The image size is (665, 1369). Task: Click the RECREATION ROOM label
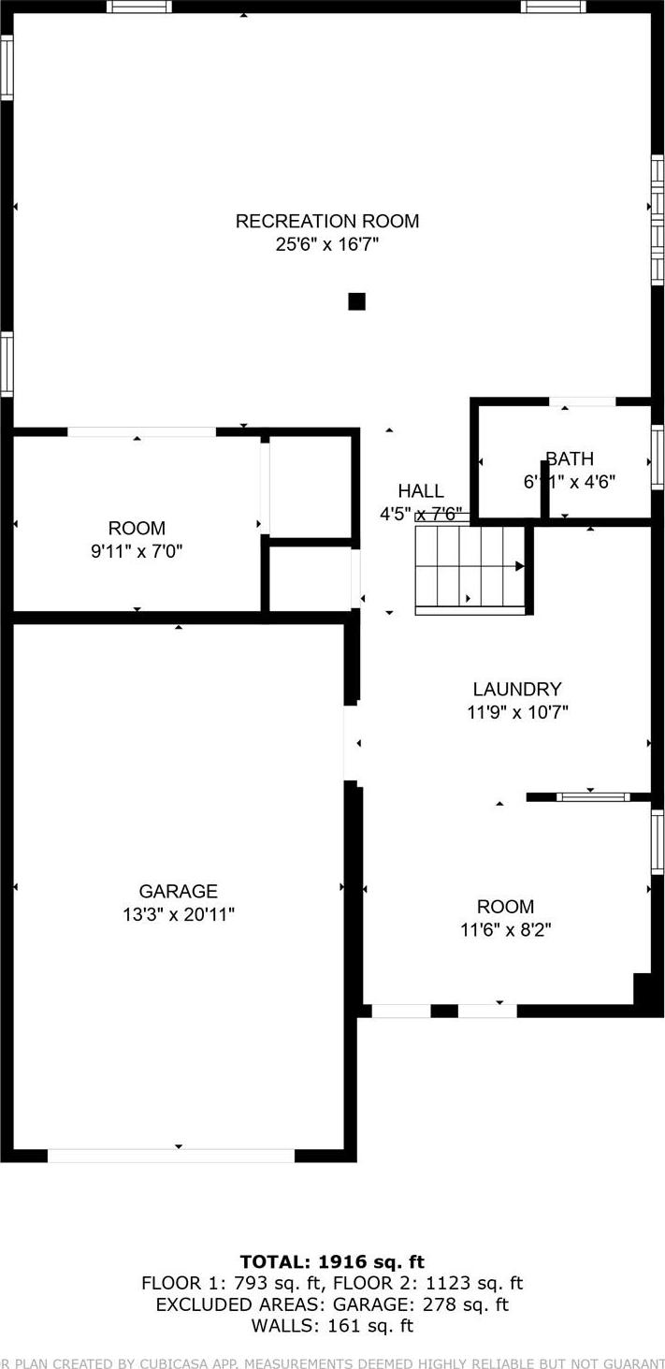[x=327, y=221]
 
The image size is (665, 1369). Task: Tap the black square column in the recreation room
[x=356, y=301]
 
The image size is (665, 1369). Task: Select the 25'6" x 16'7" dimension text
[x=327, y=245]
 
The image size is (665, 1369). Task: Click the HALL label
[x=421, y=491]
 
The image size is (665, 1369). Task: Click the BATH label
[x=570, y=459]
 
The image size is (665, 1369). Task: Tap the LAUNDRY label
[x=517, y=690]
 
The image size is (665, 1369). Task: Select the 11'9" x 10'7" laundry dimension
[x=517, y=712]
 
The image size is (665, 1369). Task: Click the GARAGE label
[x=179, y=892]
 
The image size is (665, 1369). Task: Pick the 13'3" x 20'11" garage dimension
[x=179, y=914]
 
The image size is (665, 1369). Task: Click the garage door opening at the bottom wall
[x=171, y=1156]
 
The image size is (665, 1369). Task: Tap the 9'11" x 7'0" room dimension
[x=137, y=551]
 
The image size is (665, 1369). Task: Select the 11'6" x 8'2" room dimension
[x=506, y=930]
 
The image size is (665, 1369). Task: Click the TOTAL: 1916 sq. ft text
[x=332, y=1262]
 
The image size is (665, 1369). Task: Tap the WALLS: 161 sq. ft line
[x=332, y=1326]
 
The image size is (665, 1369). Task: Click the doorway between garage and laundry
[x=352, y=744]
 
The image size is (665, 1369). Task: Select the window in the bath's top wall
[x=582, y=402]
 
